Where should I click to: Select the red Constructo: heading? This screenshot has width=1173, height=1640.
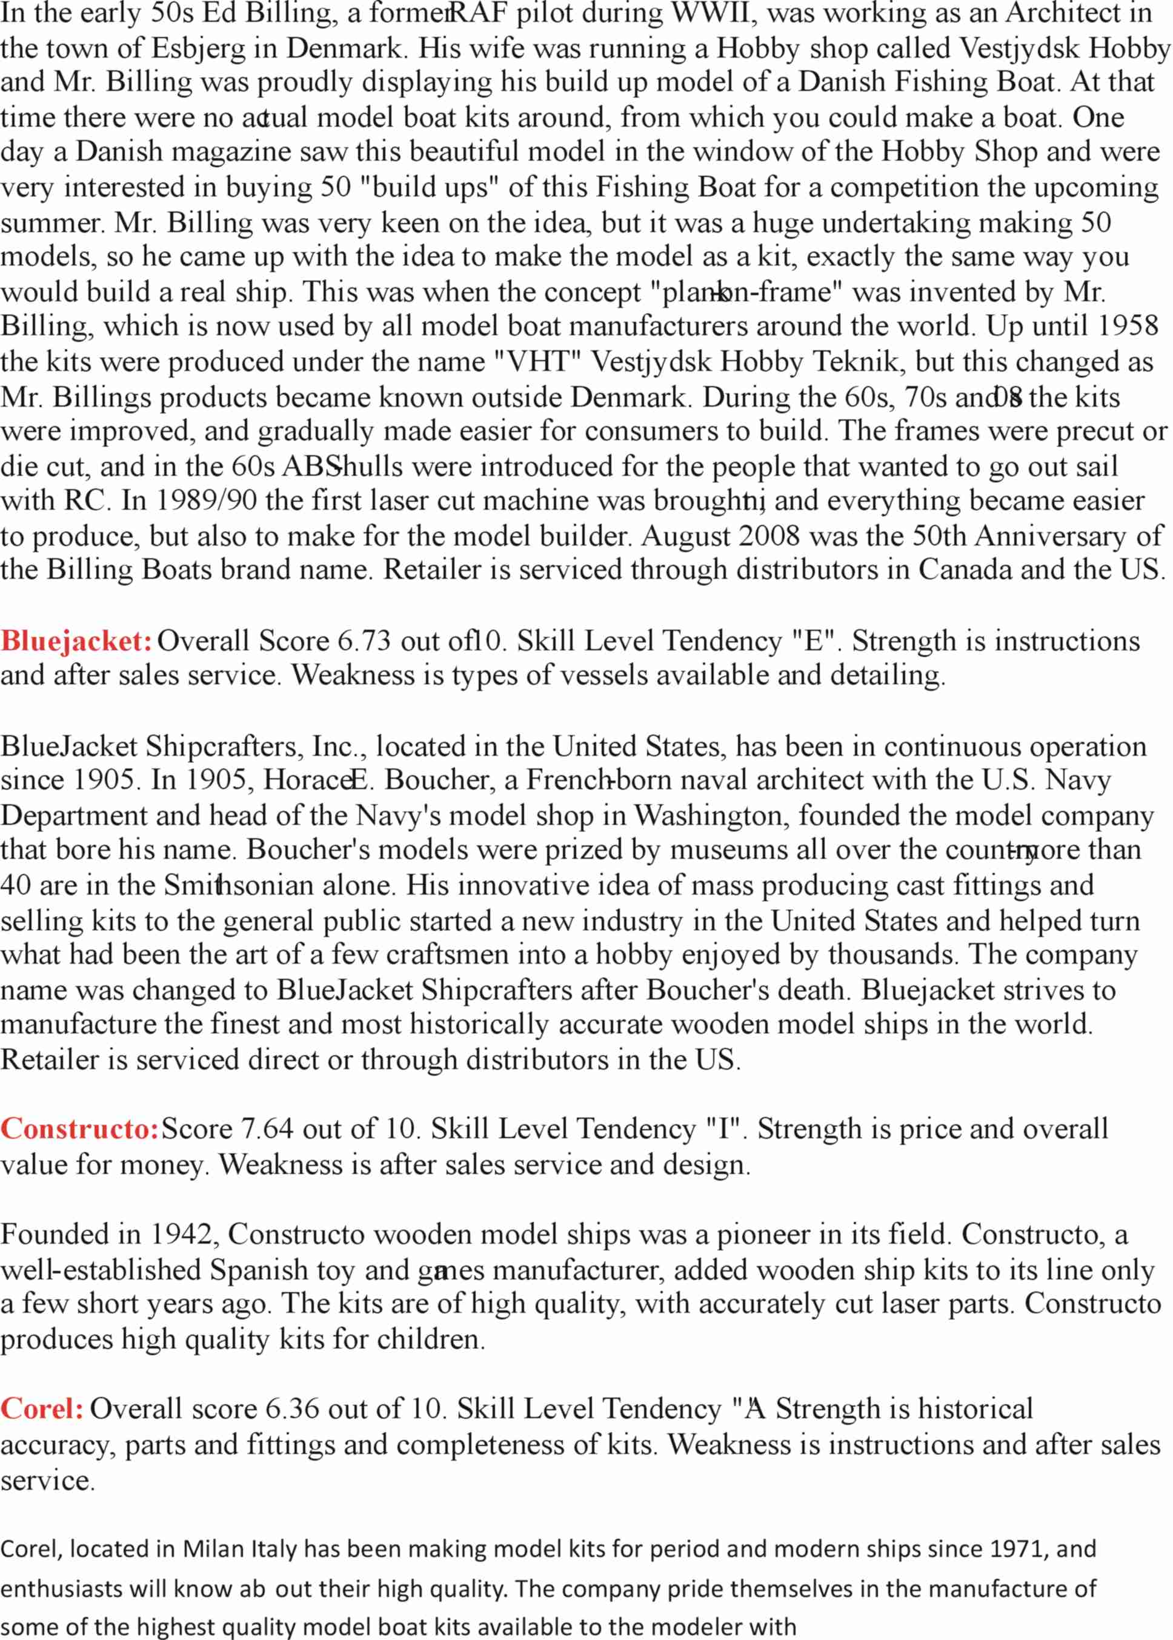pyautogui.click(x=79, y=1128)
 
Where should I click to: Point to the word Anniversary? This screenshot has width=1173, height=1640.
pyautogui.click(x=1050, y=536)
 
